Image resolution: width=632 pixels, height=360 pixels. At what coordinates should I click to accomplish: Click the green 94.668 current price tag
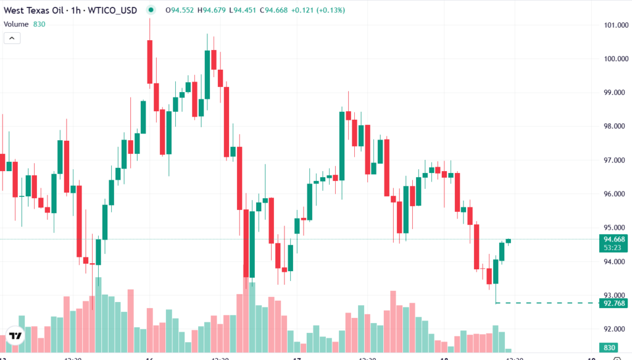pos(615,240)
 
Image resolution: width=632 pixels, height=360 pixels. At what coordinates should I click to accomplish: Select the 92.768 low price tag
pos(615,303)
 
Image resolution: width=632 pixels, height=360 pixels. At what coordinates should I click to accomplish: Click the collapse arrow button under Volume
pos(12,38)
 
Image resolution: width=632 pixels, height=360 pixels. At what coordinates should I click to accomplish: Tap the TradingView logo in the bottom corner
pos(15,336)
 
